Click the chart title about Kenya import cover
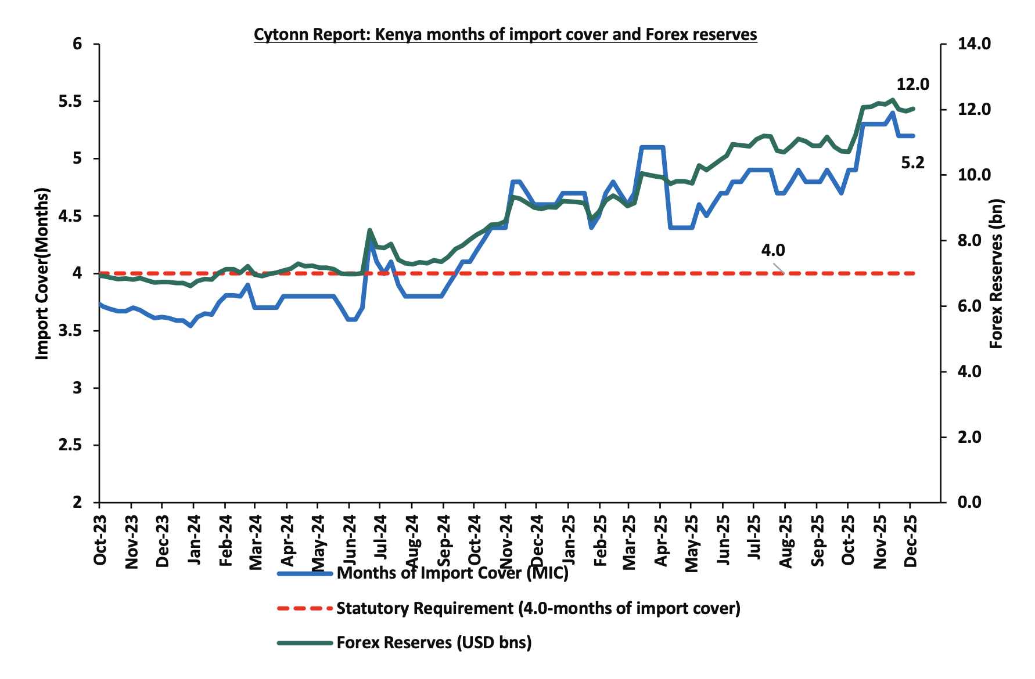[x=505, y=35]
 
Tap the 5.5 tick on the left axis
[x=71, y=102]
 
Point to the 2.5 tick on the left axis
[x=71, y=445]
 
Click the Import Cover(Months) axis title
[x=42, y=273]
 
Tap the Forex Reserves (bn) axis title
[x=997, y=273]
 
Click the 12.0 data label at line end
[x=912, y=85]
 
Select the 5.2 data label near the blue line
[x=912, y=164]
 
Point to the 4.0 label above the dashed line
[x=772, y=250]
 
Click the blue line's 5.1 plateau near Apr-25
[x=652, y=147]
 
